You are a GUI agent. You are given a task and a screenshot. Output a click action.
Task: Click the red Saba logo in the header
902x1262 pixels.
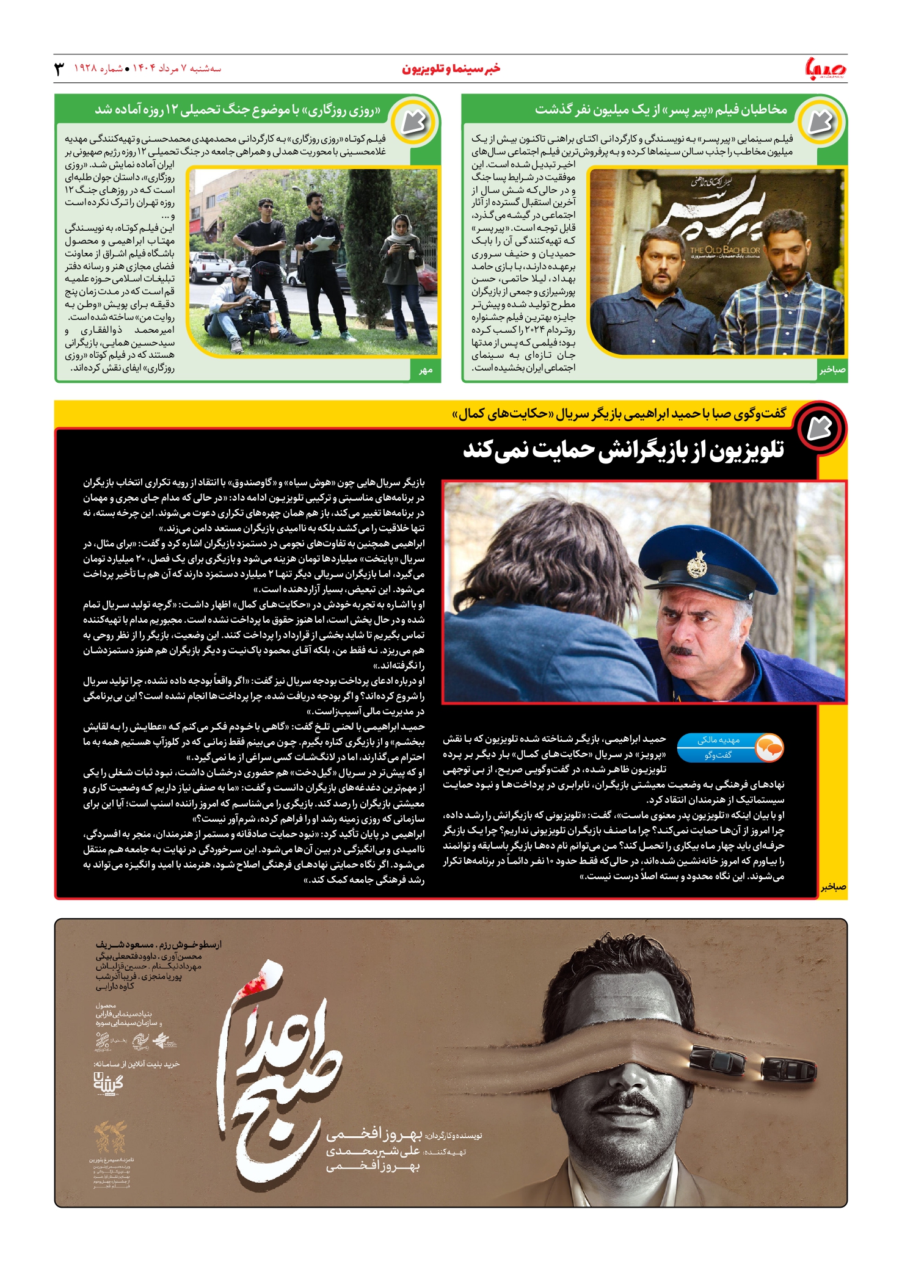click(x=825, y=68)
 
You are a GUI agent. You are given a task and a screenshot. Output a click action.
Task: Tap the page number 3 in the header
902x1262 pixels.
click(x=59, y=68)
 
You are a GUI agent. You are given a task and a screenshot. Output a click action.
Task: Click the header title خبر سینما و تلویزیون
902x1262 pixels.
click(x=451, y=68)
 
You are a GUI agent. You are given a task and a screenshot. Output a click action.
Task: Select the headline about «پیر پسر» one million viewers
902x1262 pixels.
click(x=661, y=110)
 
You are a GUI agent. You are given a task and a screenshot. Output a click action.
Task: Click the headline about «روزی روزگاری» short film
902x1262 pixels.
click(x=238, y=110)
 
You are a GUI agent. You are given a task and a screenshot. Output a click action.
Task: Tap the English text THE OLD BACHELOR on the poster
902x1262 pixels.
click(x=725, y=249)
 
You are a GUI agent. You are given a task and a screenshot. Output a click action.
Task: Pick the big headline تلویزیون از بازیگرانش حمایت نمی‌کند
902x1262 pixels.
click(x=624, y=451)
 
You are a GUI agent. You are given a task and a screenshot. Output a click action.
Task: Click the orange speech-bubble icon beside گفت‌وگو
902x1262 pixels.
click(x=769, y=747)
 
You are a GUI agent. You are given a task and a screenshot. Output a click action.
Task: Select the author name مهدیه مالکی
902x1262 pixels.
click(x=718, y=740)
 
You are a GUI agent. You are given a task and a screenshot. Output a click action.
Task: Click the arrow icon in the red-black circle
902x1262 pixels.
click(x=819, y=429)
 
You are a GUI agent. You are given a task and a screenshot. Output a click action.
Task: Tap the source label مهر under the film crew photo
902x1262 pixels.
click(x=426, y=370)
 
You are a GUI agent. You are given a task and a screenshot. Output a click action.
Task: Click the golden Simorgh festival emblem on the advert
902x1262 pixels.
click(x=111, y=1136)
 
